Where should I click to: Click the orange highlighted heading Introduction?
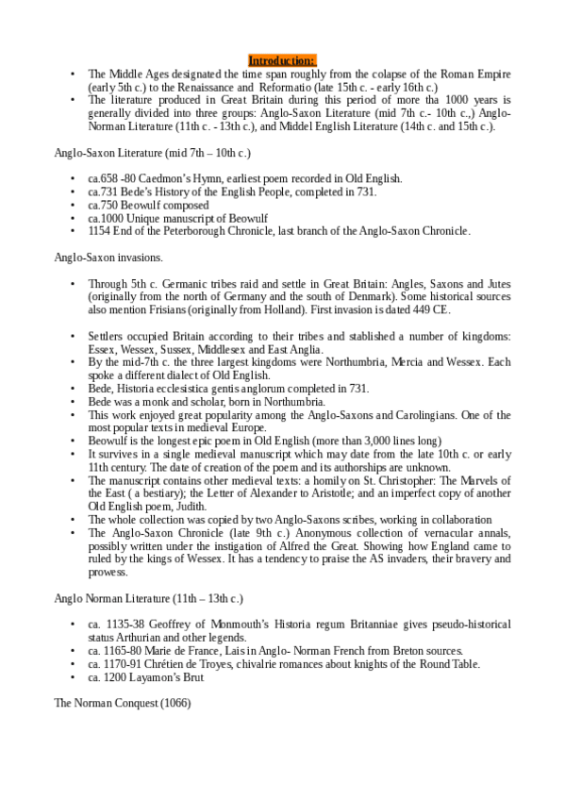coord(283,60)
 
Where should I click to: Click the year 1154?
coord(100,230)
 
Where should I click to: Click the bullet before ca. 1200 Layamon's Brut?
coord(73,677)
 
